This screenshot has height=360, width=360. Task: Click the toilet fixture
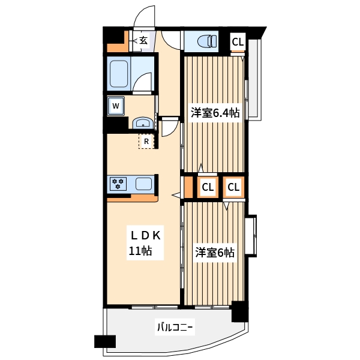pyautogui.click(x=207, y=41)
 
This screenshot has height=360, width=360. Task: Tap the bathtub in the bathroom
pyautogui.click(x=119, y=74)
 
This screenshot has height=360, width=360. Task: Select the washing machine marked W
pyautogui.click(x=116, y=106)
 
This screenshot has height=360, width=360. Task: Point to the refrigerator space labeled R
pyautogui.click(x=146, y=141)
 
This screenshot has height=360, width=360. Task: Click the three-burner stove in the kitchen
pyautogui.click(x=118, y=184)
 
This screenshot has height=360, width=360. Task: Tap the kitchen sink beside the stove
pyautogui.click(x=143, y=184)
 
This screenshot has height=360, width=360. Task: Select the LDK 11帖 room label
pyautogui.click(x=145, y=243)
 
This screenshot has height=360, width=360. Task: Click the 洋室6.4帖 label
pyautogui.click(x=215, y=113)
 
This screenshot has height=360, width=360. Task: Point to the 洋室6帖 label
pyautogui.click(x=215, y=253)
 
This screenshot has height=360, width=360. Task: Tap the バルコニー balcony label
pyautogui.click(x=175, y=327)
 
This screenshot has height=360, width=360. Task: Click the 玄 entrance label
pyautogui.click(x=143, y=41)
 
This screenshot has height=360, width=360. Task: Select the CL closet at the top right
pyautogui.click(x=238, y=42)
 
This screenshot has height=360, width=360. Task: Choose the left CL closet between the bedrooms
pyautogui.click(x=208, y=187)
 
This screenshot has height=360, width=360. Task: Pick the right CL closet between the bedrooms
pyautogui.click(x=233, y=187)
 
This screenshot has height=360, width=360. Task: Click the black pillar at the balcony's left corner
pyautogui.click(x=105, y=341)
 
